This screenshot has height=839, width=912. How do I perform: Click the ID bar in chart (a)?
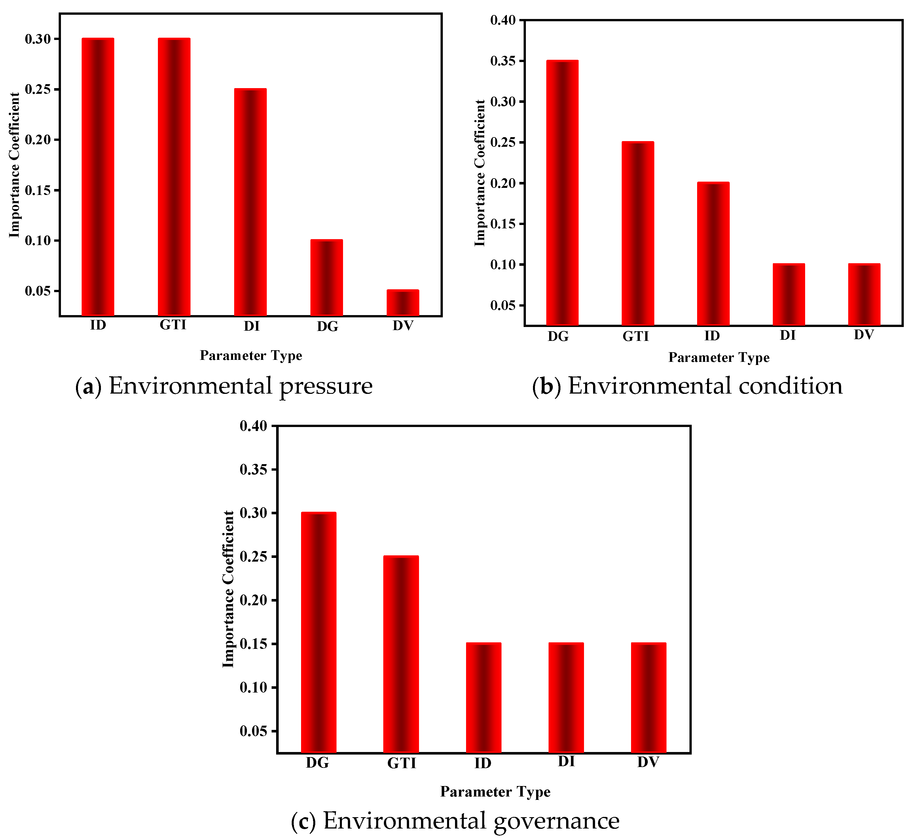coord(98,177)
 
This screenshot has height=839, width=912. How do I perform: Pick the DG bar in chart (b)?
coord(562,193)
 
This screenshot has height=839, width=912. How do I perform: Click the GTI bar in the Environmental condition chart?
coord(637,233)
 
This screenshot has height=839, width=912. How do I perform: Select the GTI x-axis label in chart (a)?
coord(173,325)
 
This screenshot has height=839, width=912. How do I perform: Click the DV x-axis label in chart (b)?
coord(864,335)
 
